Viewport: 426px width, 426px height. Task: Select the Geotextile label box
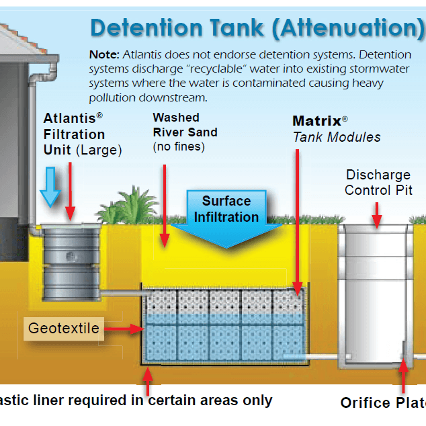[x=64, y=329]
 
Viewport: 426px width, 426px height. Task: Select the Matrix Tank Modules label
[x=335, y=129]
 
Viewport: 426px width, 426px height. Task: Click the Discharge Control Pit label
[x=378, y=182]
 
